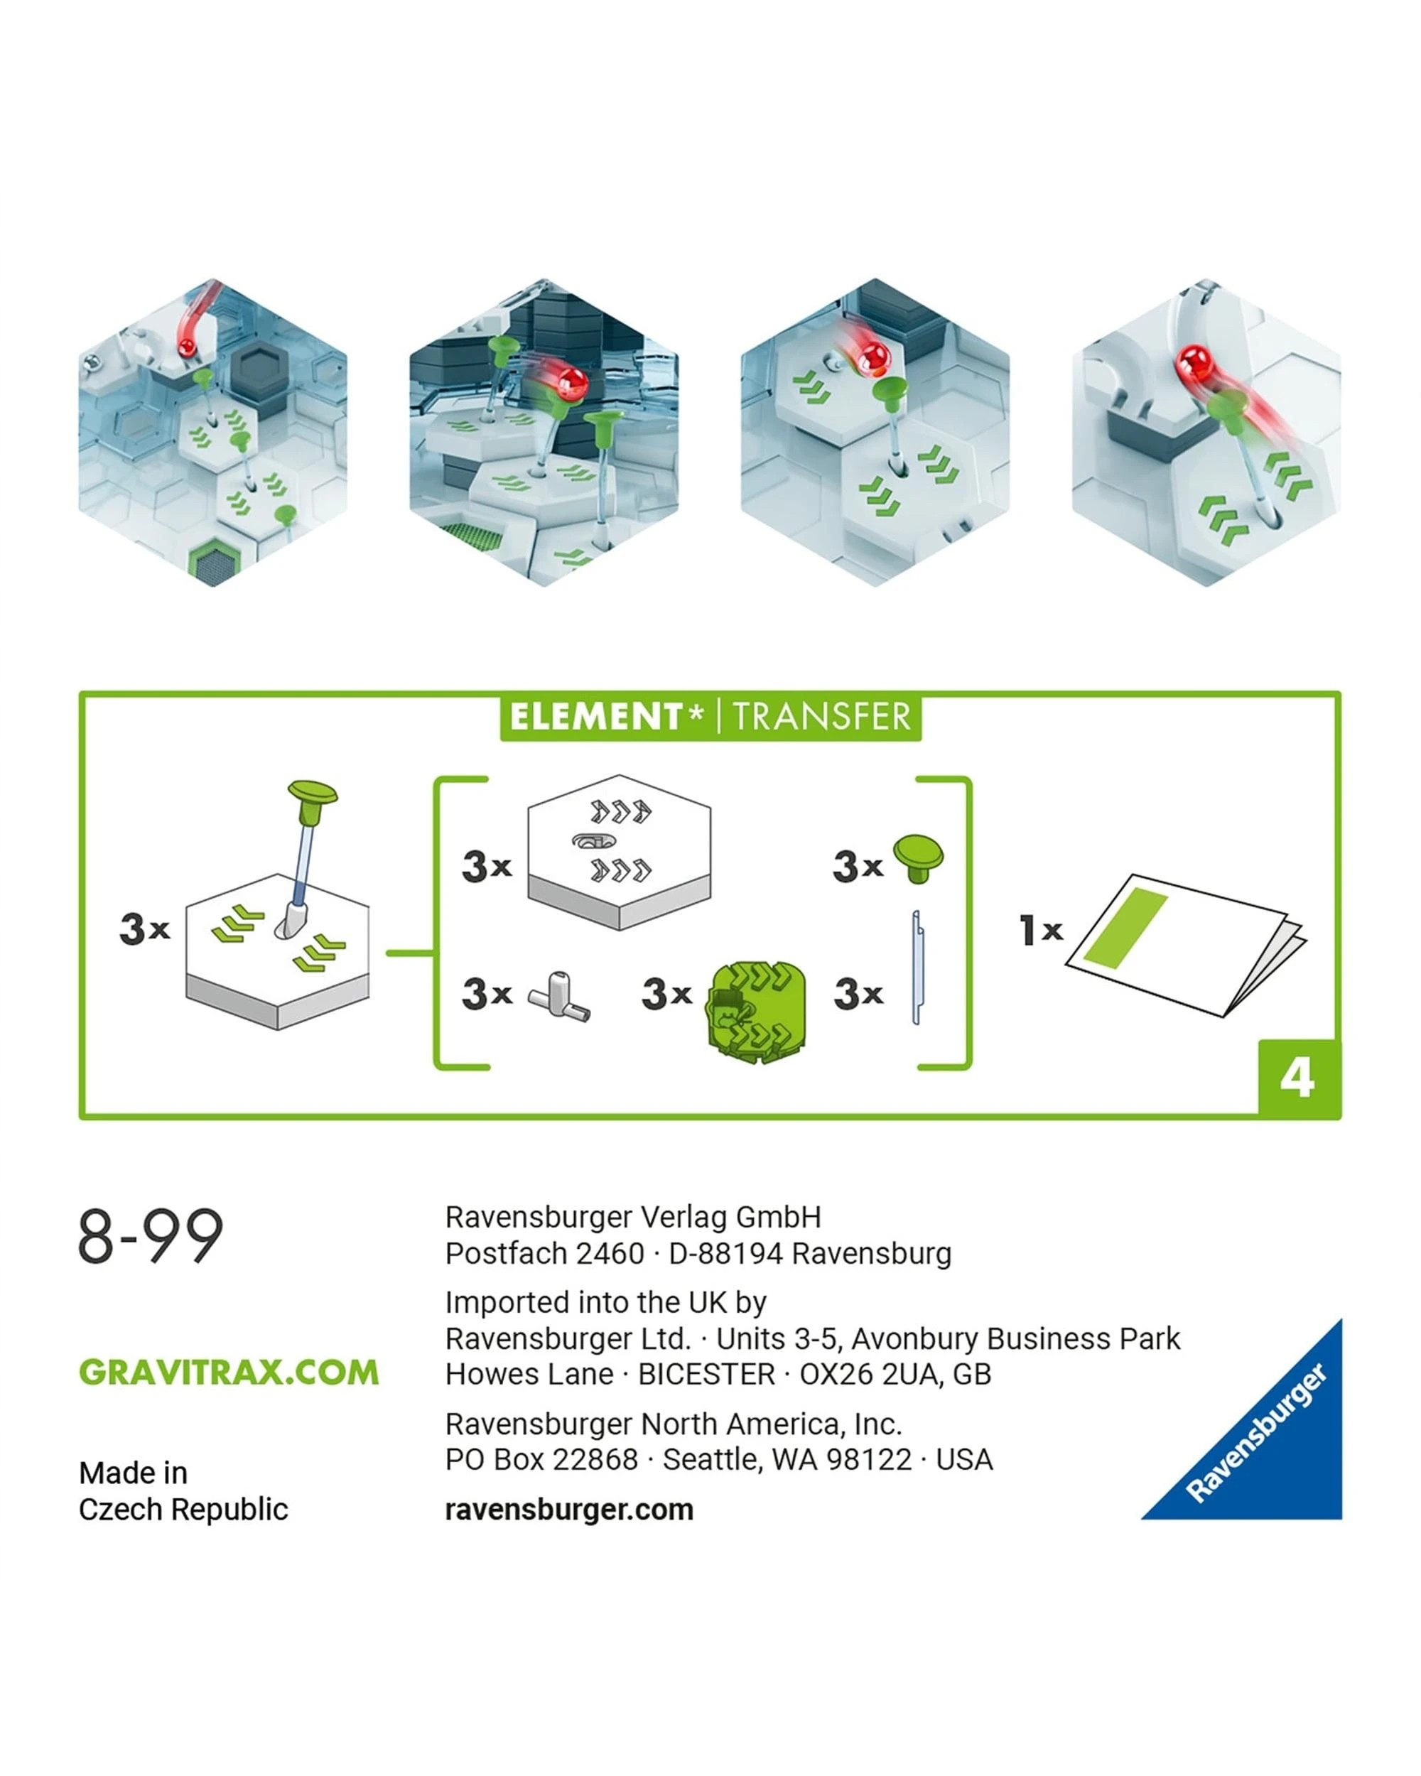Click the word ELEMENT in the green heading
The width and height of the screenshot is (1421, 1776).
(x=595, y=717)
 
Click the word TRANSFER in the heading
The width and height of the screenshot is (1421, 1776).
(x=822, y=717)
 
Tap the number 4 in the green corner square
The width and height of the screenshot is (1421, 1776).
(x=1297, y=1078)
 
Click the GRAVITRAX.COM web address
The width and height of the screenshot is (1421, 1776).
(x=229, y=1372)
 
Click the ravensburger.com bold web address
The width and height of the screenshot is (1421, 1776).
(x=569, y=1510)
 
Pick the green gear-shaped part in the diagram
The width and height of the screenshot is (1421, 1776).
(x=755, y=1012)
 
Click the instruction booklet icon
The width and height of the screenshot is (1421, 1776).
(x=1187, y=945)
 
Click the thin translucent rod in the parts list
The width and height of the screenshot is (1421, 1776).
(x=917, y=967)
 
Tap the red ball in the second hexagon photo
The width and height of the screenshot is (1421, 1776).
(x=570, y=382)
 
